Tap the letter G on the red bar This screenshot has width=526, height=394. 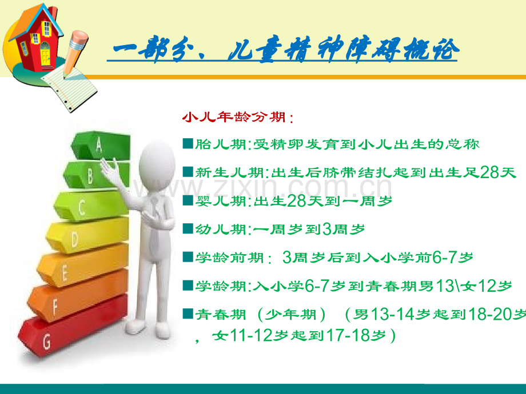47,341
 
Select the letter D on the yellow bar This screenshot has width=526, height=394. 75,239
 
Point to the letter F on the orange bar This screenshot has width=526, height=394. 55,307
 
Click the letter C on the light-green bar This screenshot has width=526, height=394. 82,207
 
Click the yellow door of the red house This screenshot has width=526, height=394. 45,54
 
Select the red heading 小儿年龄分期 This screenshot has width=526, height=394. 234,117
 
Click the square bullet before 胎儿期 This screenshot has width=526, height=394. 188,143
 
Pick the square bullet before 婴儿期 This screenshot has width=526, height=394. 188,200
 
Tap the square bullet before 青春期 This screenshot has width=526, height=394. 188,313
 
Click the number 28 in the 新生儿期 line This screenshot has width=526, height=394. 489,172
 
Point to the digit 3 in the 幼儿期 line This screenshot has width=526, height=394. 326,229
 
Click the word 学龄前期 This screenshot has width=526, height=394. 230,258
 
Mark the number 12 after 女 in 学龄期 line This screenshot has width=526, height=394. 487,286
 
